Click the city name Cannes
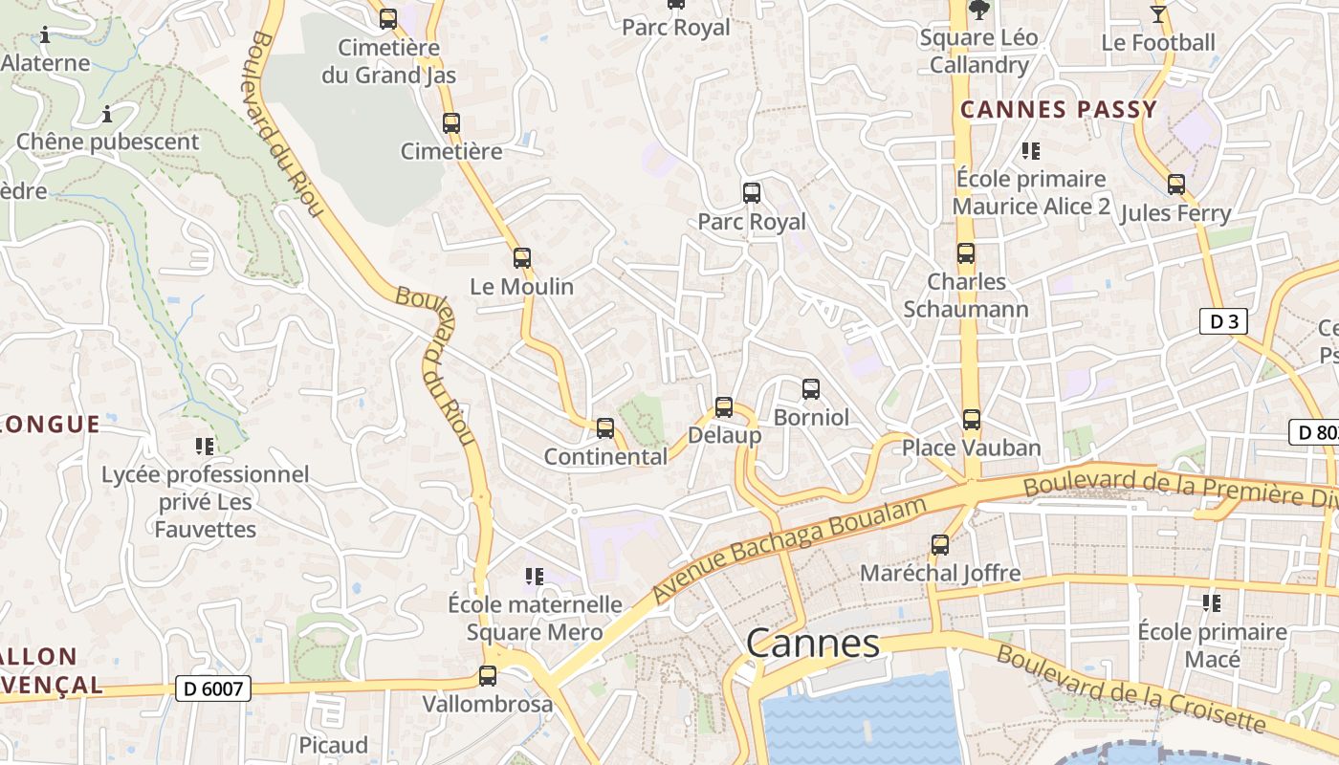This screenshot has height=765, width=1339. (x=812, y=644)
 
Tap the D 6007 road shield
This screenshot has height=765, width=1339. (x=213, y=688)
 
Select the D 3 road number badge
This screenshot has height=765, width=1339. (x=1223, y=322)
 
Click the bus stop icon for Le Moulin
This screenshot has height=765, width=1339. (x=521, y=258)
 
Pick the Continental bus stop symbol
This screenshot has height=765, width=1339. (x=605, y=428)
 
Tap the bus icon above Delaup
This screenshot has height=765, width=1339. (x=724, y=407)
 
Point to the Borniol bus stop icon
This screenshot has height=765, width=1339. (x=811, y=389)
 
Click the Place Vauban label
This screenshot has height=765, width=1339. (x=972, y=448)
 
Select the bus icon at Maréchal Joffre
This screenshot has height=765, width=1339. (x=940, y=545)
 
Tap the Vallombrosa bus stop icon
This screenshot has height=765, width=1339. (x=488, y=676)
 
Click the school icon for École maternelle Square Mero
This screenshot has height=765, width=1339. (x=535, y=576)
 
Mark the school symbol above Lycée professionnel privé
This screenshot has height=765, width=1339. (x=205, y=446)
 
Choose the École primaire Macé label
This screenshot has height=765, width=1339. (x=1212, y=645)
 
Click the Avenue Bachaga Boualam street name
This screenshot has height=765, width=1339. (x=790, y=549)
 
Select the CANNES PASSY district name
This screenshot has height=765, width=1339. (x=1059, y=109)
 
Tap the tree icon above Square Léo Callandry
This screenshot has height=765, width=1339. (x=978, y=11)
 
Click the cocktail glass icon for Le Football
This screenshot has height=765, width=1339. (x=1158, y=13)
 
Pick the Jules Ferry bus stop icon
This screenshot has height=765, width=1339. (x=1175, y=185)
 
